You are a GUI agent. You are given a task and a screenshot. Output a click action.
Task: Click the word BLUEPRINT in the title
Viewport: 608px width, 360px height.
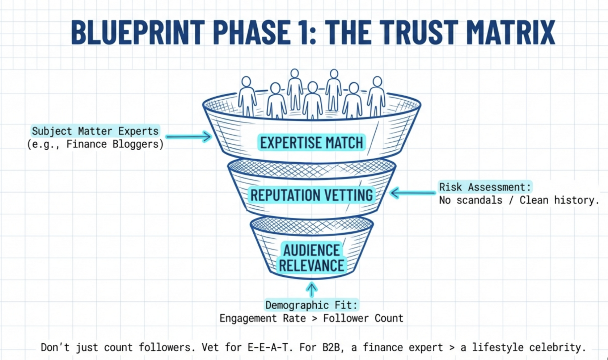point(138,32)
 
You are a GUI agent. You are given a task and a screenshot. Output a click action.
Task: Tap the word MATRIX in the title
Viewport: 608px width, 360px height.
point(511,32)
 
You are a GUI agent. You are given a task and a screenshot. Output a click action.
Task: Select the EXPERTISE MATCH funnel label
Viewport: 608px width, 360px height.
point(312,143)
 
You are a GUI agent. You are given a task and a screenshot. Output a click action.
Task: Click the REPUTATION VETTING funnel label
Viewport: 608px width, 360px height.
point(312,195)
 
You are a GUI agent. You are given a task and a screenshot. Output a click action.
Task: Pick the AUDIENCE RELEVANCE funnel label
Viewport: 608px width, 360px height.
point(312,258)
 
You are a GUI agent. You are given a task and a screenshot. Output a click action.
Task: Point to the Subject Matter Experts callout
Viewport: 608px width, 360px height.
point(95,131)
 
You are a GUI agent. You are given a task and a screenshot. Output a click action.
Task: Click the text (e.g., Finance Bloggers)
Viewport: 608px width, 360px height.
point(95,144)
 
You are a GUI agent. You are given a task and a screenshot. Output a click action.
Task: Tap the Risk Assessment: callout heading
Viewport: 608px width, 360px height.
point(485,187)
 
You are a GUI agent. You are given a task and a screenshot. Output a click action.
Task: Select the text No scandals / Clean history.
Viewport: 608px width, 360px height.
point(519,200)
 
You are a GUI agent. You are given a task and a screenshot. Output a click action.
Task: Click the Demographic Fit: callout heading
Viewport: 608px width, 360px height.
point(311,305)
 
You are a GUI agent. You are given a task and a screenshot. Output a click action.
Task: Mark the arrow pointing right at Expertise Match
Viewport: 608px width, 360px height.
point(189,137)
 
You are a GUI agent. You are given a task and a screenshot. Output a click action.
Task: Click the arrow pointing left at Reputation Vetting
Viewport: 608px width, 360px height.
point(413,193)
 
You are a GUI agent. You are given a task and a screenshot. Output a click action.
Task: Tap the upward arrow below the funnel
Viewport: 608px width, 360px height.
point(312,290)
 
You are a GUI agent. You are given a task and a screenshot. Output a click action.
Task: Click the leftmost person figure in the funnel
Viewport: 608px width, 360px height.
point(247,96)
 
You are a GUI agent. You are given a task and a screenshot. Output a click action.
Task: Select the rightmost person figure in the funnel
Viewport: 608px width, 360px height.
point(376,96)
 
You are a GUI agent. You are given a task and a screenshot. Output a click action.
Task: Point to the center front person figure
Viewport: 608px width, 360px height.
point(312,101)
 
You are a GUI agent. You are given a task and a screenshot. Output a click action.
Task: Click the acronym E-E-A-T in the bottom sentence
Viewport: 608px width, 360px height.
point(270,347)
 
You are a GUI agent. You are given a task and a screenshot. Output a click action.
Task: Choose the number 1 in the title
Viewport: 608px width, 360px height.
point(303,32)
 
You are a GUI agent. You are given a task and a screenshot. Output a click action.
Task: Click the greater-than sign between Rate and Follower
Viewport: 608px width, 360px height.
point(314,318)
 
